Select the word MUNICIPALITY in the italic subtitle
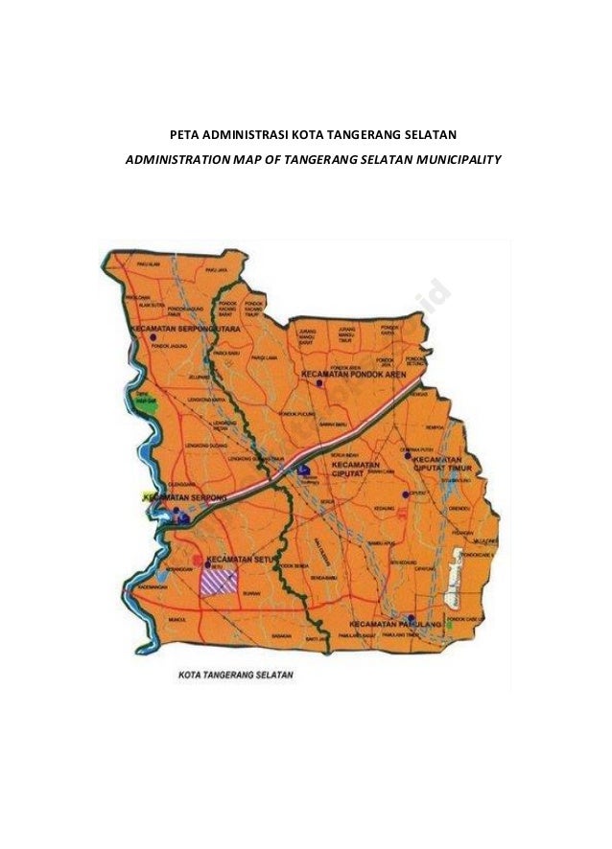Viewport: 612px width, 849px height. point(459,158)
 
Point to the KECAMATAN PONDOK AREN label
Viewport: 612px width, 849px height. point(354,374)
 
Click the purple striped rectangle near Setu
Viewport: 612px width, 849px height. point(219,581)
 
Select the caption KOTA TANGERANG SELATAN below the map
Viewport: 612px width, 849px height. point(236,675)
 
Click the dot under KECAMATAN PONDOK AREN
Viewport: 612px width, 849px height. point(319,383)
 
